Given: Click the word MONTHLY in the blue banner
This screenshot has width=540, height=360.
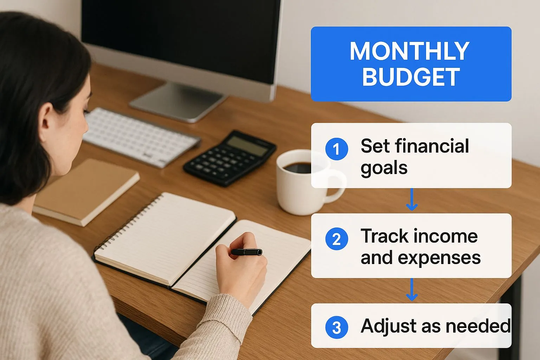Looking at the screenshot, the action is click(x=410, y=51).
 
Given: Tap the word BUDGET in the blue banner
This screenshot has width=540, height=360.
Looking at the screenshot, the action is click(x=411, y=77).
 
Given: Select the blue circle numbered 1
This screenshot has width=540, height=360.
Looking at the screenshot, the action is click(x=336, y=149).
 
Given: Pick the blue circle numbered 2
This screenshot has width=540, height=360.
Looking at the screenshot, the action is click(x=336, y=239).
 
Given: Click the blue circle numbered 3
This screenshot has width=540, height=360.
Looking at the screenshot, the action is click(x=336, y=327).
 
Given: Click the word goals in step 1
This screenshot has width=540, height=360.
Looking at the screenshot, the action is click(x=384, y=168).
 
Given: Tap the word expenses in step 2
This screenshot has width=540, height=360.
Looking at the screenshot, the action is click(x=439, y=258).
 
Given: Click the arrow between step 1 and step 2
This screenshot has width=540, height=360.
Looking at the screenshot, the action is click(x=412, y=199).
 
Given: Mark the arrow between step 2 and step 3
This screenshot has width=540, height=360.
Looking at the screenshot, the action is click(x=412, y=289).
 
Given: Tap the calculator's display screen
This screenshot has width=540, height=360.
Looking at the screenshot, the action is click(x=247, y=146).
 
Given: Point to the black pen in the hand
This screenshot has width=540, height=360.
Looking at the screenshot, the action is click(x=246, y=252).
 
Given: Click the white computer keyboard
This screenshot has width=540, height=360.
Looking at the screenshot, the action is click(x=141, y=137).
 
